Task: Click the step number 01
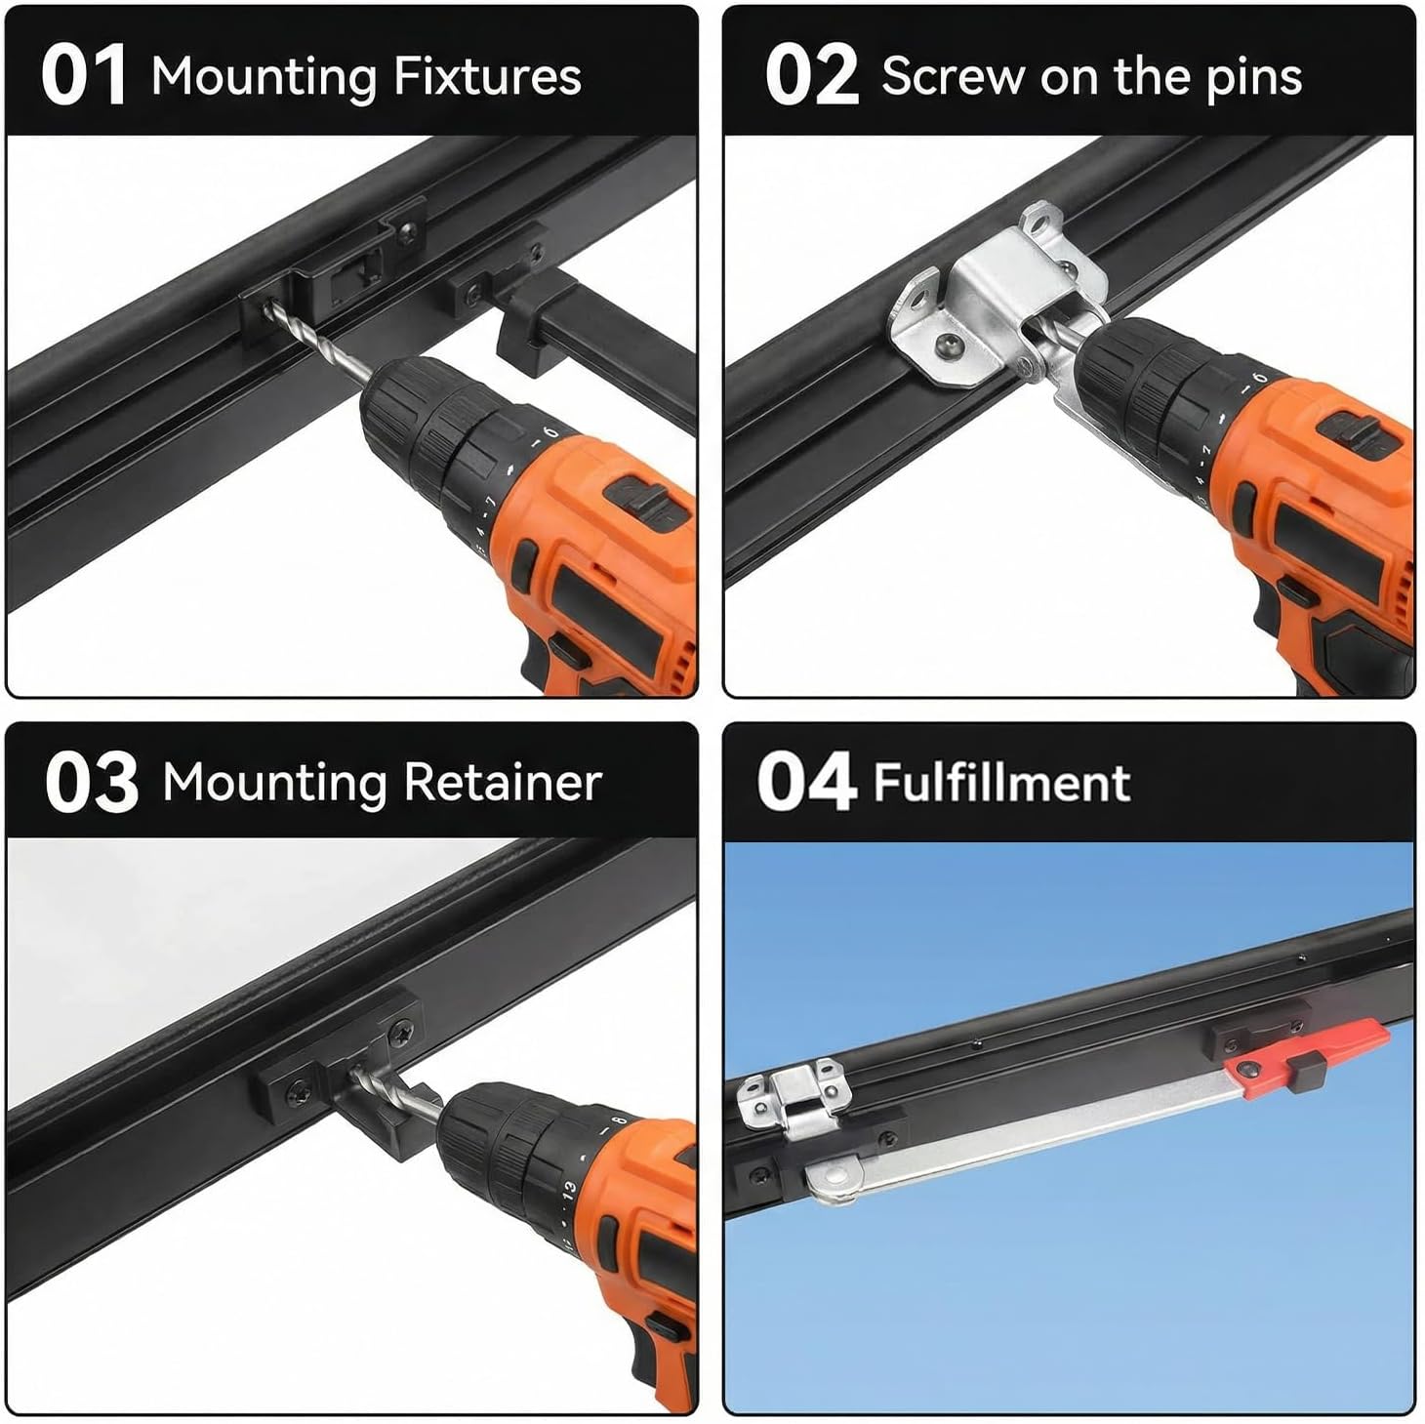coord(83,75)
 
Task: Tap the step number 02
coord(811,75)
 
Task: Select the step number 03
coord(92,783)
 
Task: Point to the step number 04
coord(807,781)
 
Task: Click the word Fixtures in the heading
coord(487,76)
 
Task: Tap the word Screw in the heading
coord(954,77)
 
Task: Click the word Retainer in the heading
coord(503,783)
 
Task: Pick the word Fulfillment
coord(1002,783)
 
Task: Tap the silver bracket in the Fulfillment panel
coord(794,1096)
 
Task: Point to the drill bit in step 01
coord(318,344)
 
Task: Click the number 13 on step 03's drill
coord(568,1190)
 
